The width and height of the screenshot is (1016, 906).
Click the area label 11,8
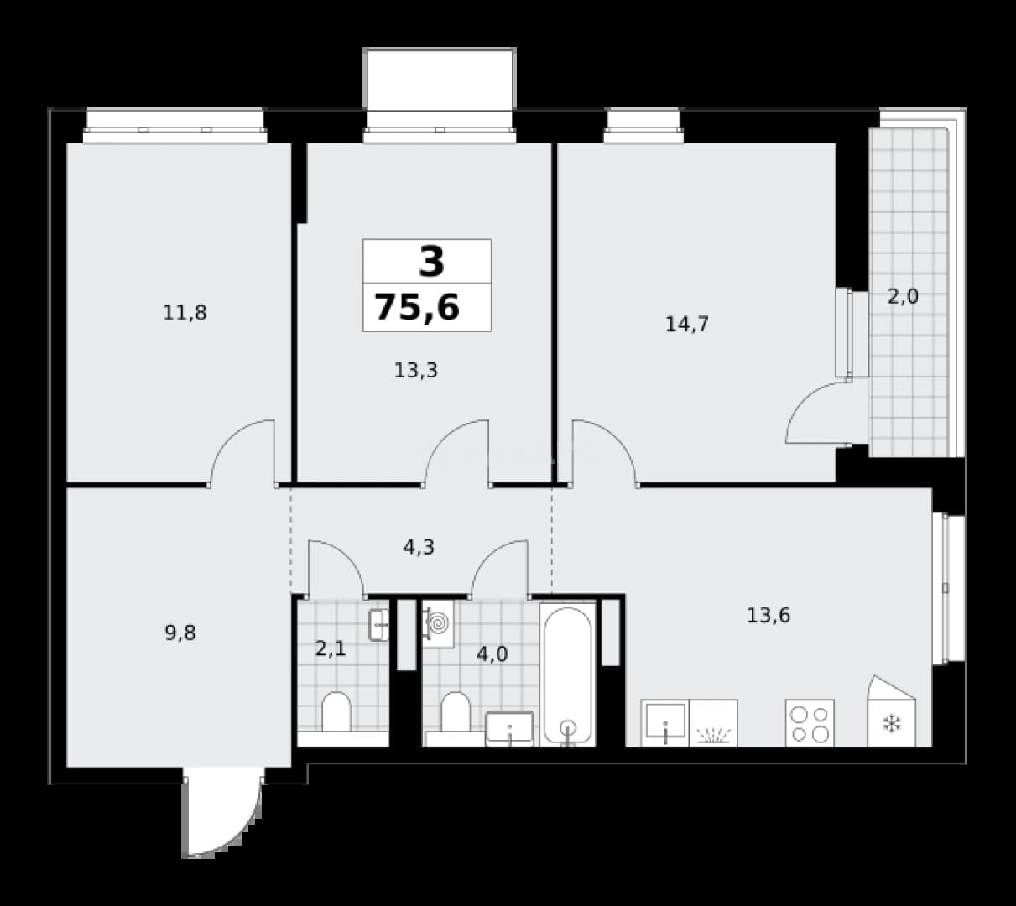[x=185, y=314]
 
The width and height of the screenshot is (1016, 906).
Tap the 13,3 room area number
[x=416, y=371]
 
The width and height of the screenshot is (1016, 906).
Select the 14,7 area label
[x=687, y=324]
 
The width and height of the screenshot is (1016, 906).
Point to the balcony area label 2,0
[x=903, y=297]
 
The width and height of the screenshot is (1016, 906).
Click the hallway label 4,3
[x=419, y=547]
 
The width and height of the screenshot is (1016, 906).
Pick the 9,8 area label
[x=180, y=633]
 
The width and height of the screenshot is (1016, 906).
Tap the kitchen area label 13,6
[x=769, y=615]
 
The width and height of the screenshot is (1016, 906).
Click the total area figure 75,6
[x=417, y=307]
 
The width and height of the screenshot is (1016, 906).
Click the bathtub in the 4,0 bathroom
[x=568, y=674]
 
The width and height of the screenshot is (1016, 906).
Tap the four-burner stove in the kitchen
[x=810, y=723]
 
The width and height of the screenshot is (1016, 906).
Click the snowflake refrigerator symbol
[x=891, y=723]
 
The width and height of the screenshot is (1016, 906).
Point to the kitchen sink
[x=665, y=723]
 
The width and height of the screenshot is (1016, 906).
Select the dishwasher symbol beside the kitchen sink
[x=713, y=723]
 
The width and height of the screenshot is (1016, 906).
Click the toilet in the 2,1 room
[x=336, y=712]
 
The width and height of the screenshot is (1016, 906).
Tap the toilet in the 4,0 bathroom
[x=456, y=712]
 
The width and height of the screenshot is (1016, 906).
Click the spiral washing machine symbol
[x=438, y=624]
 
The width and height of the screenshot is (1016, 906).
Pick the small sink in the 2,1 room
[x=378, y=625]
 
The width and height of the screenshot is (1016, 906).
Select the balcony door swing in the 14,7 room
[x=816, y=413]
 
